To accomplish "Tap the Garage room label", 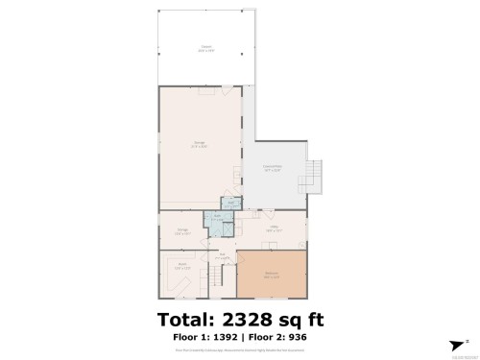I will coord(199,145).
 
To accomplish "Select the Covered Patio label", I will coord(274,167).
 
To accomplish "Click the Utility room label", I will coord(274,229).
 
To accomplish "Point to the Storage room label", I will coord(182,231).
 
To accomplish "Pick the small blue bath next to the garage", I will coord(229,203).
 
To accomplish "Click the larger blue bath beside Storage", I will coord(219,220).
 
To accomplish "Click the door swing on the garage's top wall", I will coord(206,92).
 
